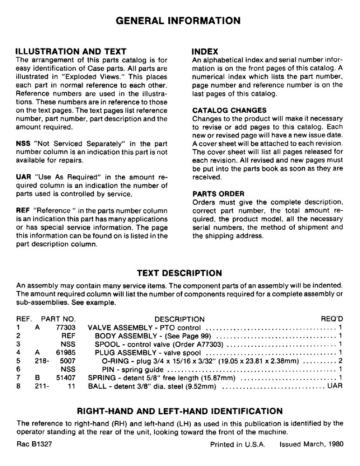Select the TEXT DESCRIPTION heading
pos(179,273)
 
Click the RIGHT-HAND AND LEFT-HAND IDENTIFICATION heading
pos(180,411)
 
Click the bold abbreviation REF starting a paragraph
pos(23,211)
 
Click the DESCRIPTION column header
pos(179,319)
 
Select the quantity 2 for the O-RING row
pos(341,360)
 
